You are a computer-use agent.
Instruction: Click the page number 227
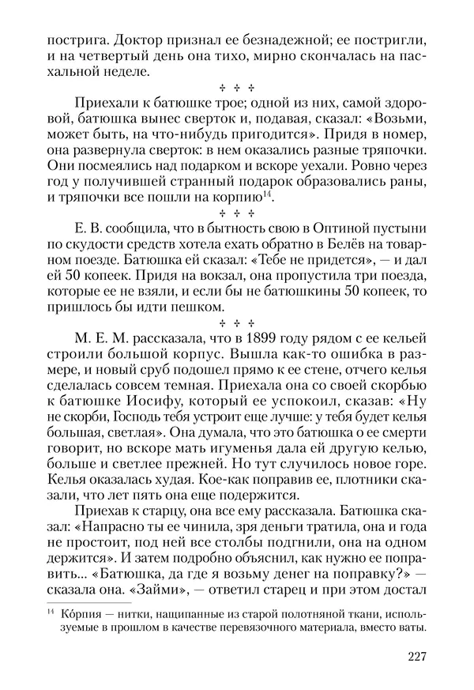[418, 656]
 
